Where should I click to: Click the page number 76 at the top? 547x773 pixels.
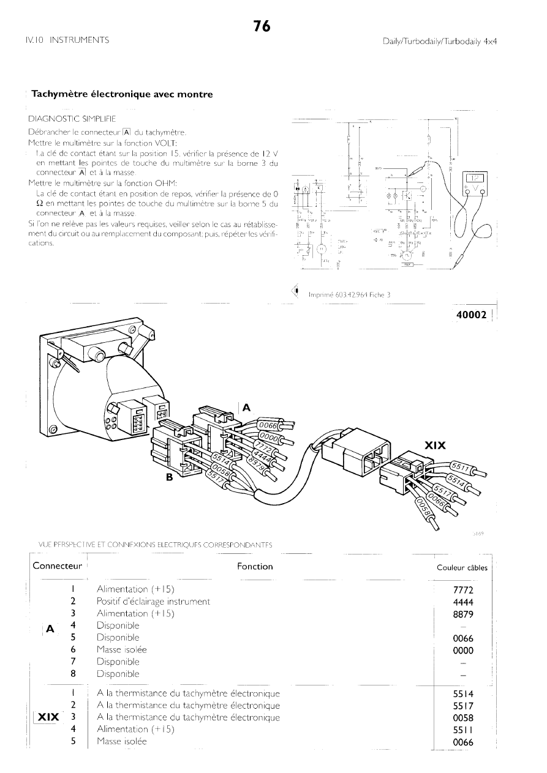click(262, 26)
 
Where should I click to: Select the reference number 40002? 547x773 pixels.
click(471, 315)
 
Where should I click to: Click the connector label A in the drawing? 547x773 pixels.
click(246, 407)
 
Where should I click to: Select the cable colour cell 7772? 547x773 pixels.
click(462, 590)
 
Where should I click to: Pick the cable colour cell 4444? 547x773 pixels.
click(462, 602)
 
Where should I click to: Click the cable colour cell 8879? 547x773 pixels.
click(462, 614)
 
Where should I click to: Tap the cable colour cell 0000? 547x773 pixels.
click(462, 650)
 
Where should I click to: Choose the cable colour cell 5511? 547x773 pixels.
click(462, 730)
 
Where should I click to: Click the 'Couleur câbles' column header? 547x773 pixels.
click(462, 567)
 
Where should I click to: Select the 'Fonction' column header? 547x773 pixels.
click(255, 567)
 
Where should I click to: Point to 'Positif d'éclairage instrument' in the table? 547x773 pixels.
click(153, 602)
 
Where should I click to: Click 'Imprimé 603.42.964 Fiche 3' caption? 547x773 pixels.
click(350, 294)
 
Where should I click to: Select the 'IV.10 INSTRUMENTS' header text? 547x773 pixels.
click(67, 40)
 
